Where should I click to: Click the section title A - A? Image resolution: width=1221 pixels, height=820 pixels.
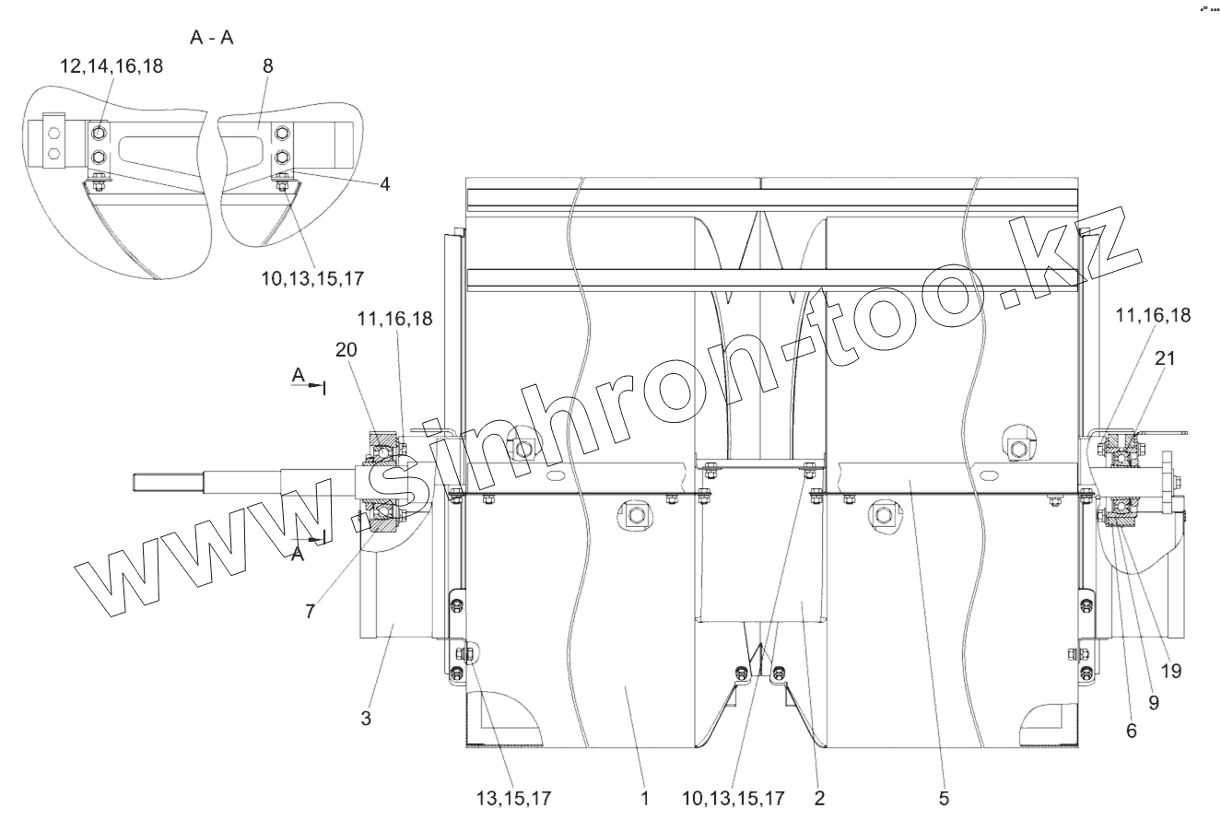(212, 38)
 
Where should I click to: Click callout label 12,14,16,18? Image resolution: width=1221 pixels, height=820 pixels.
(112, 66)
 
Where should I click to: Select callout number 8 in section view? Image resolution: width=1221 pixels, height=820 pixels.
(267, 66)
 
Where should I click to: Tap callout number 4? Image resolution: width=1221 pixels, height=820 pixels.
(385, 184)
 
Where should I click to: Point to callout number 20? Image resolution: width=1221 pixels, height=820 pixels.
(346, 350)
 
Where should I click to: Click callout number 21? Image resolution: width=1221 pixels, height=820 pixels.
(1165, 358)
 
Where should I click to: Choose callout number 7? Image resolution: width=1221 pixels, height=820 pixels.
(310, 612)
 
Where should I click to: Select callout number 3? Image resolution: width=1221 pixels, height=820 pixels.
(366, 718)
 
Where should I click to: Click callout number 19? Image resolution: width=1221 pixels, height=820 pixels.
(1171, 671)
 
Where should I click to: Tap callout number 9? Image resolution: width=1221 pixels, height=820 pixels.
(1154, 703)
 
